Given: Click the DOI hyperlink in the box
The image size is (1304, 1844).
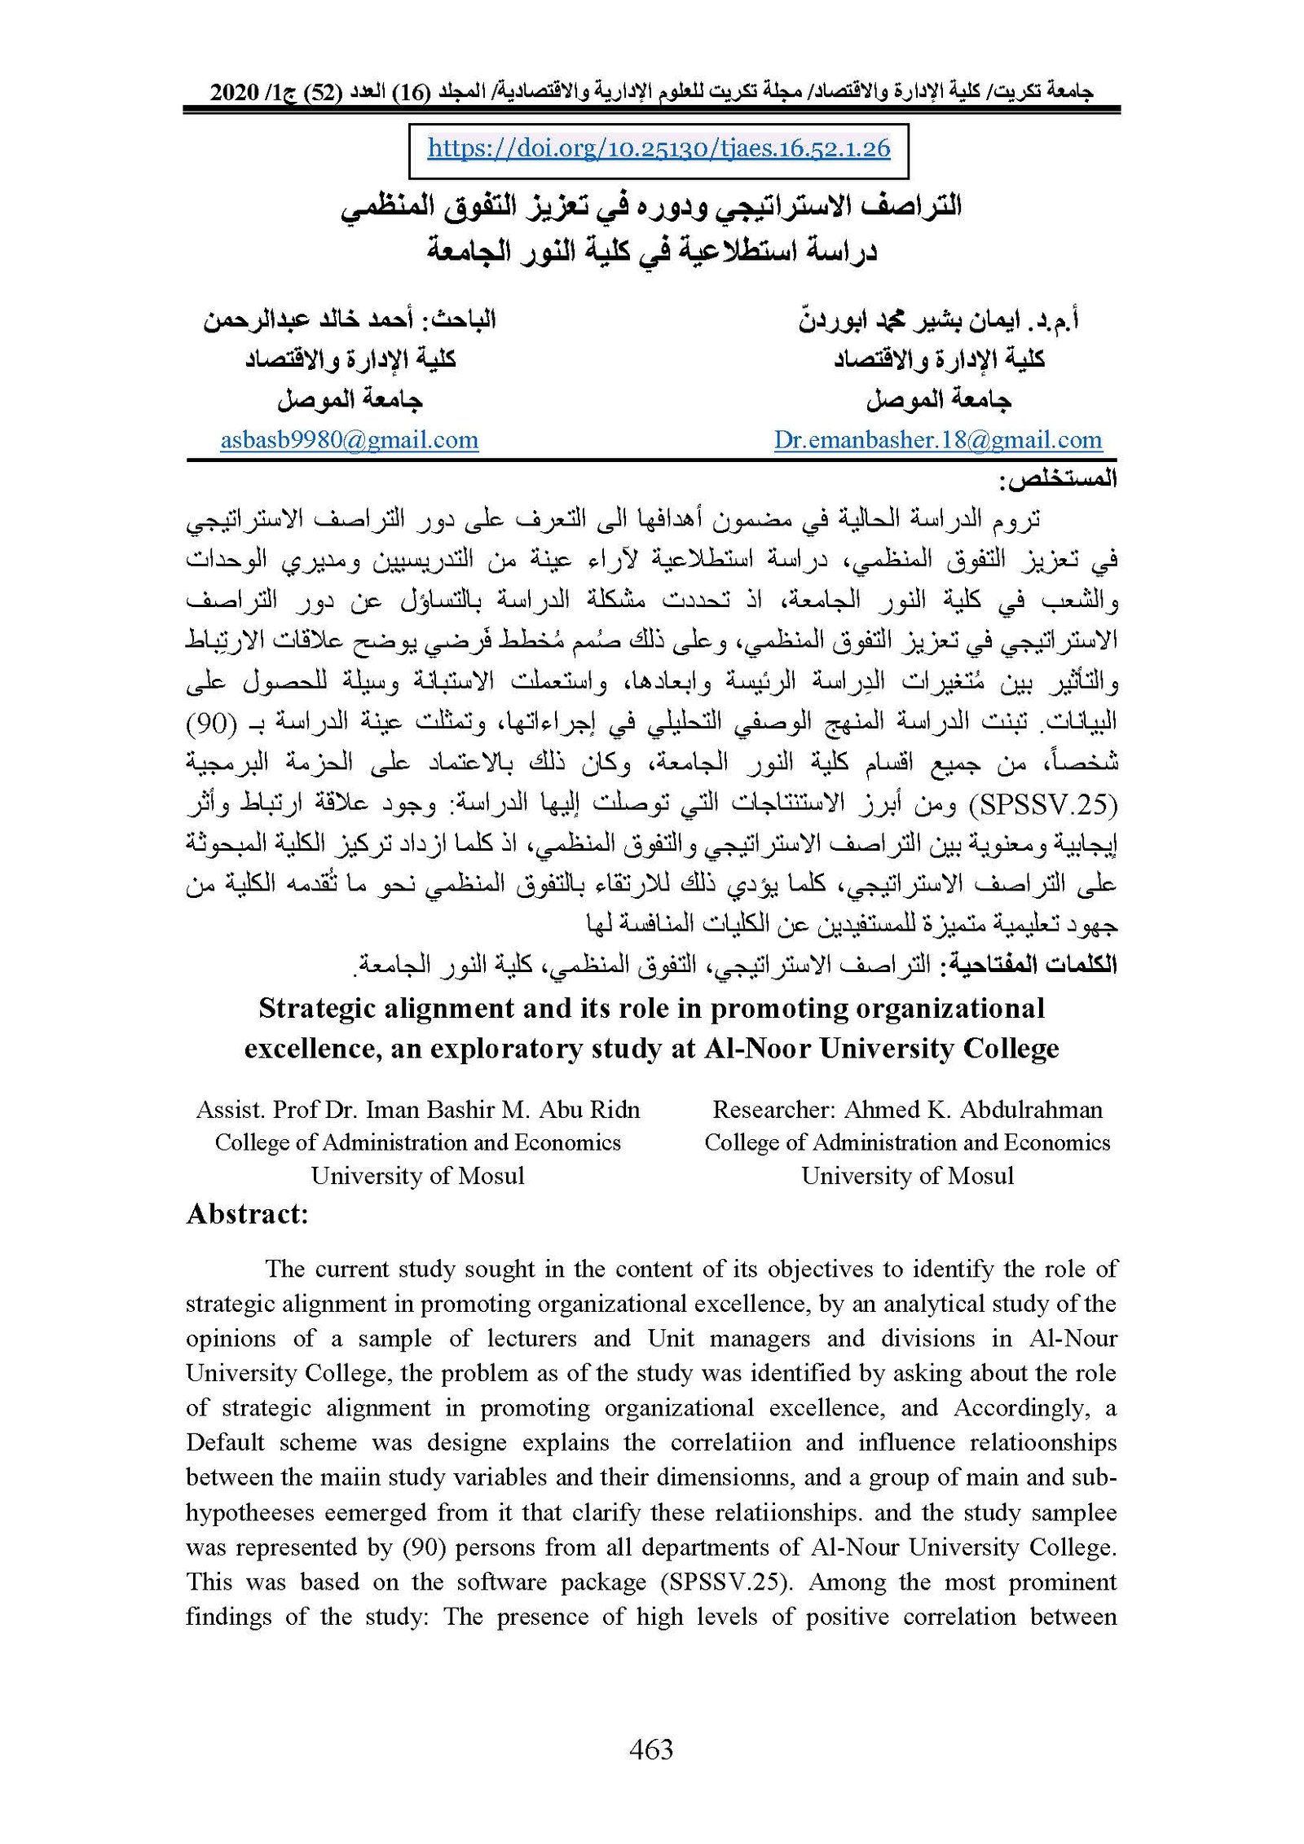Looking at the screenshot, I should pos(659,148).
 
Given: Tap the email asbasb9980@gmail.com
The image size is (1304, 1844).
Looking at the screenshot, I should pos(349,441).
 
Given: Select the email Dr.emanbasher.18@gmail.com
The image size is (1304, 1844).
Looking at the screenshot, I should pos(937,441).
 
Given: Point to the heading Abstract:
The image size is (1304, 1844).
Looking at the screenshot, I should pos(248,1214).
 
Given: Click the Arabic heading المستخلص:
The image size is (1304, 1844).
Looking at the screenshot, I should pos(1058,480).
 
